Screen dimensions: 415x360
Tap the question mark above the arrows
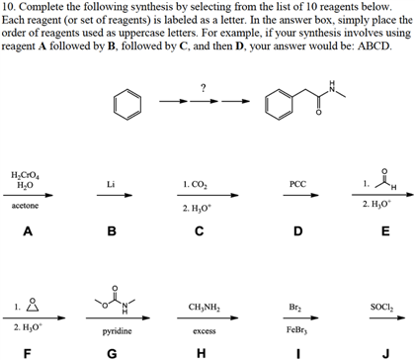click(202, 88)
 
